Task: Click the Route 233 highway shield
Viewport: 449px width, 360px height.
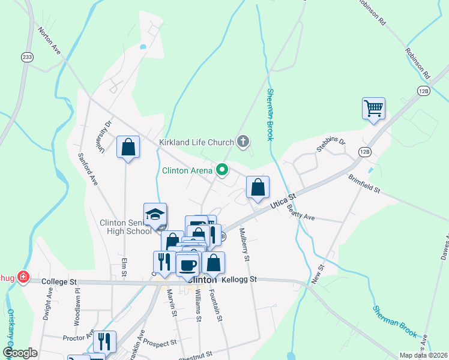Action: pos(26,57)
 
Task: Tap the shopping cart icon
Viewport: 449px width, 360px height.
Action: pos(373,109)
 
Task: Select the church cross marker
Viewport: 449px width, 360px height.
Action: pos(243,142)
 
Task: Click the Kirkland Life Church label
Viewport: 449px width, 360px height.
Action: pos(196,143)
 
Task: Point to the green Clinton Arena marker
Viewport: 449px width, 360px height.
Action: pos(222,170)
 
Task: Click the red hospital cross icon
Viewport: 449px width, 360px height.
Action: pos(23,277)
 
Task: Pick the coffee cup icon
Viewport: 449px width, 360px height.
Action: pos(187,264)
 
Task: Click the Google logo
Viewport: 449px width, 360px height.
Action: pos(20,353)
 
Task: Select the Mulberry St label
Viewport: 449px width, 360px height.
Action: pos(244,245)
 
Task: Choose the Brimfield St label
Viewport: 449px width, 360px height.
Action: pos(365,184)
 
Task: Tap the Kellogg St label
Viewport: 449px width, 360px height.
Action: pos(239,280)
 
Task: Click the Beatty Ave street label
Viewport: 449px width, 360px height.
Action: pos(300,212)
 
